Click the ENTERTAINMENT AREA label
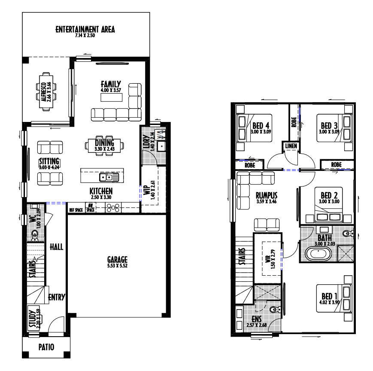pos(85,29)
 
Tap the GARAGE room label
pos(117,259)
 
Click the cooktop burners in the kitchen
pos(113,208)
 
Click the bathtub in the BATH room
pos(318,254)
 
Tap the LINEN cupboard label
pos(291,146)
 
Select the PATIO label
pos(46,347)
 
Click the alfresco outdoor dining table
pos(46,91)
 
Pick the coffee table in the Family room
pos(111,97)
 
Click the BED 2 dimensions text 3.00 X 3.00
pos(329,201)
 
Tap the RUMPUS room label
pos(267,195)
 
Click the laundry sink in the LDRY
pos(161,146)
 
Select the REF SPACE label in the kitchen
pos(76,210)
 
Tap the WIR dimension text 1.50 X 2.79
pos(273,259)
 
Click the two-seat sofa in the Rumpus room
pos(267,225)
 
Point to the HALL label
pos(57,247)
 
